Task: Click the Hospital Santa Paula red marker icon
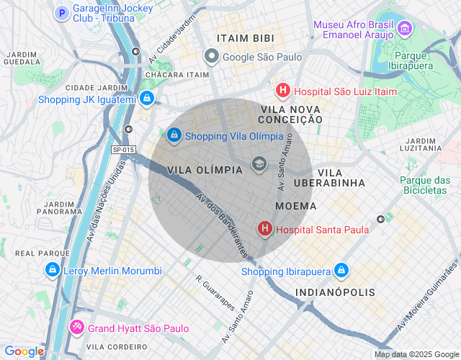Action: [264, 230]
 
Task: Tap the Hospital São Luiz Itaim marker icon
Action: [283, 91]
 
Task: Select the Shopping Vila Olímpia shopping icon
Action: [174, 135]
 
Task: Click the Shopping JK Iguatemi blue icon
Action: [146, 99]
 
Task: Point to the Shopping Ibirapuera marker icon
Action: [341, 271]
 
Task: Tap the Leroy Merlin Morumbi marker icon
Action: [52, 270]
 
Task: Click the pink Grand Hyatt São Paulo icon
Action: [76, 328]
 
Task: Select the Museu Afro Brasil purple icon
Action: [405, 29]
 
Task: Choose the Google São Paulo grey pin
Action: [211, 56]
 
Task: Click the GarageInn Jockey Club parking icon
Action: [62, 13]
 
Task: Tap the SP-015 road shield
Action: [123, 150]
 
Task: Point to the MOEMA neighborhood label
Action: [295, 207]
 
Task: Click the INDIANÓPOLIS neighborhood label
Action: [335, 292]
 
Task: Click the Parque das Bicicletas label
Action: [424, 185]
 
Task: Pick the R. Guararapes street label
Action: [216, 292]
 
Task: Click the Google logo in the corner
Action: [24, 351]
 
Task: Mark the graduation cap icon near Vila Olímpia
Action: [258, 166]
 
